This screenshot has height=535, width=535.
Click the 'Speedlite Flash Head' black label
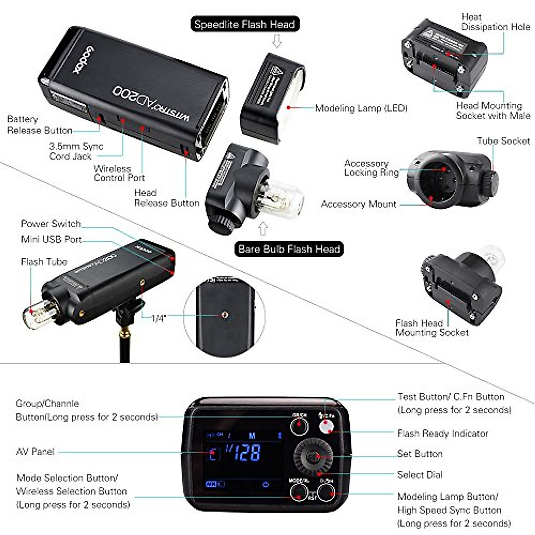244,24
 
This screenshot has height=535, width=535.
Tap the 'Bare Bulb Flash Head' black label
289,249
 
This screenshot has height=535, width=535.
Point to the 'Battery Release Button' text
39,125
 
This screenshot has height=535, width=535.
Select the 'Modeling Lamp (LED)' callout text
361,108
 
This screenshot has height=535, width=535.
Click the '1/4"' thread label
158,318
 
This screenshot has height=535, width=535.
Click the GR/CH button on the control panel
299,426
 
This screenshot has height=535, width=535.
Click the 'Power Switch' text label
51,224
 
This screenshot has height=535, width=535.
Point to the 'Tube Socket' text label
503,141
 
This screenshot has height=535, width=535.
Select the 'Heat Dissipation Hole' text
495,22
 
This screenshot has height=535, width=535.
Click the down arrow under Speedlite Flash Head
277,41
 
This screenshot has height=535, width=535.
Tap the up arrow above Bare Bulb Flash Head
263,229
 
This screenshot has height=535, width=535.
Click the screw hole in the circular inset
225,315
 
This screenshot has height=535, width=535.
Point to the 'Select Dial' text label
420,475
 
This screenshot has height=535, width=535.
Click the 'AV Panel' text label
35,452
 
